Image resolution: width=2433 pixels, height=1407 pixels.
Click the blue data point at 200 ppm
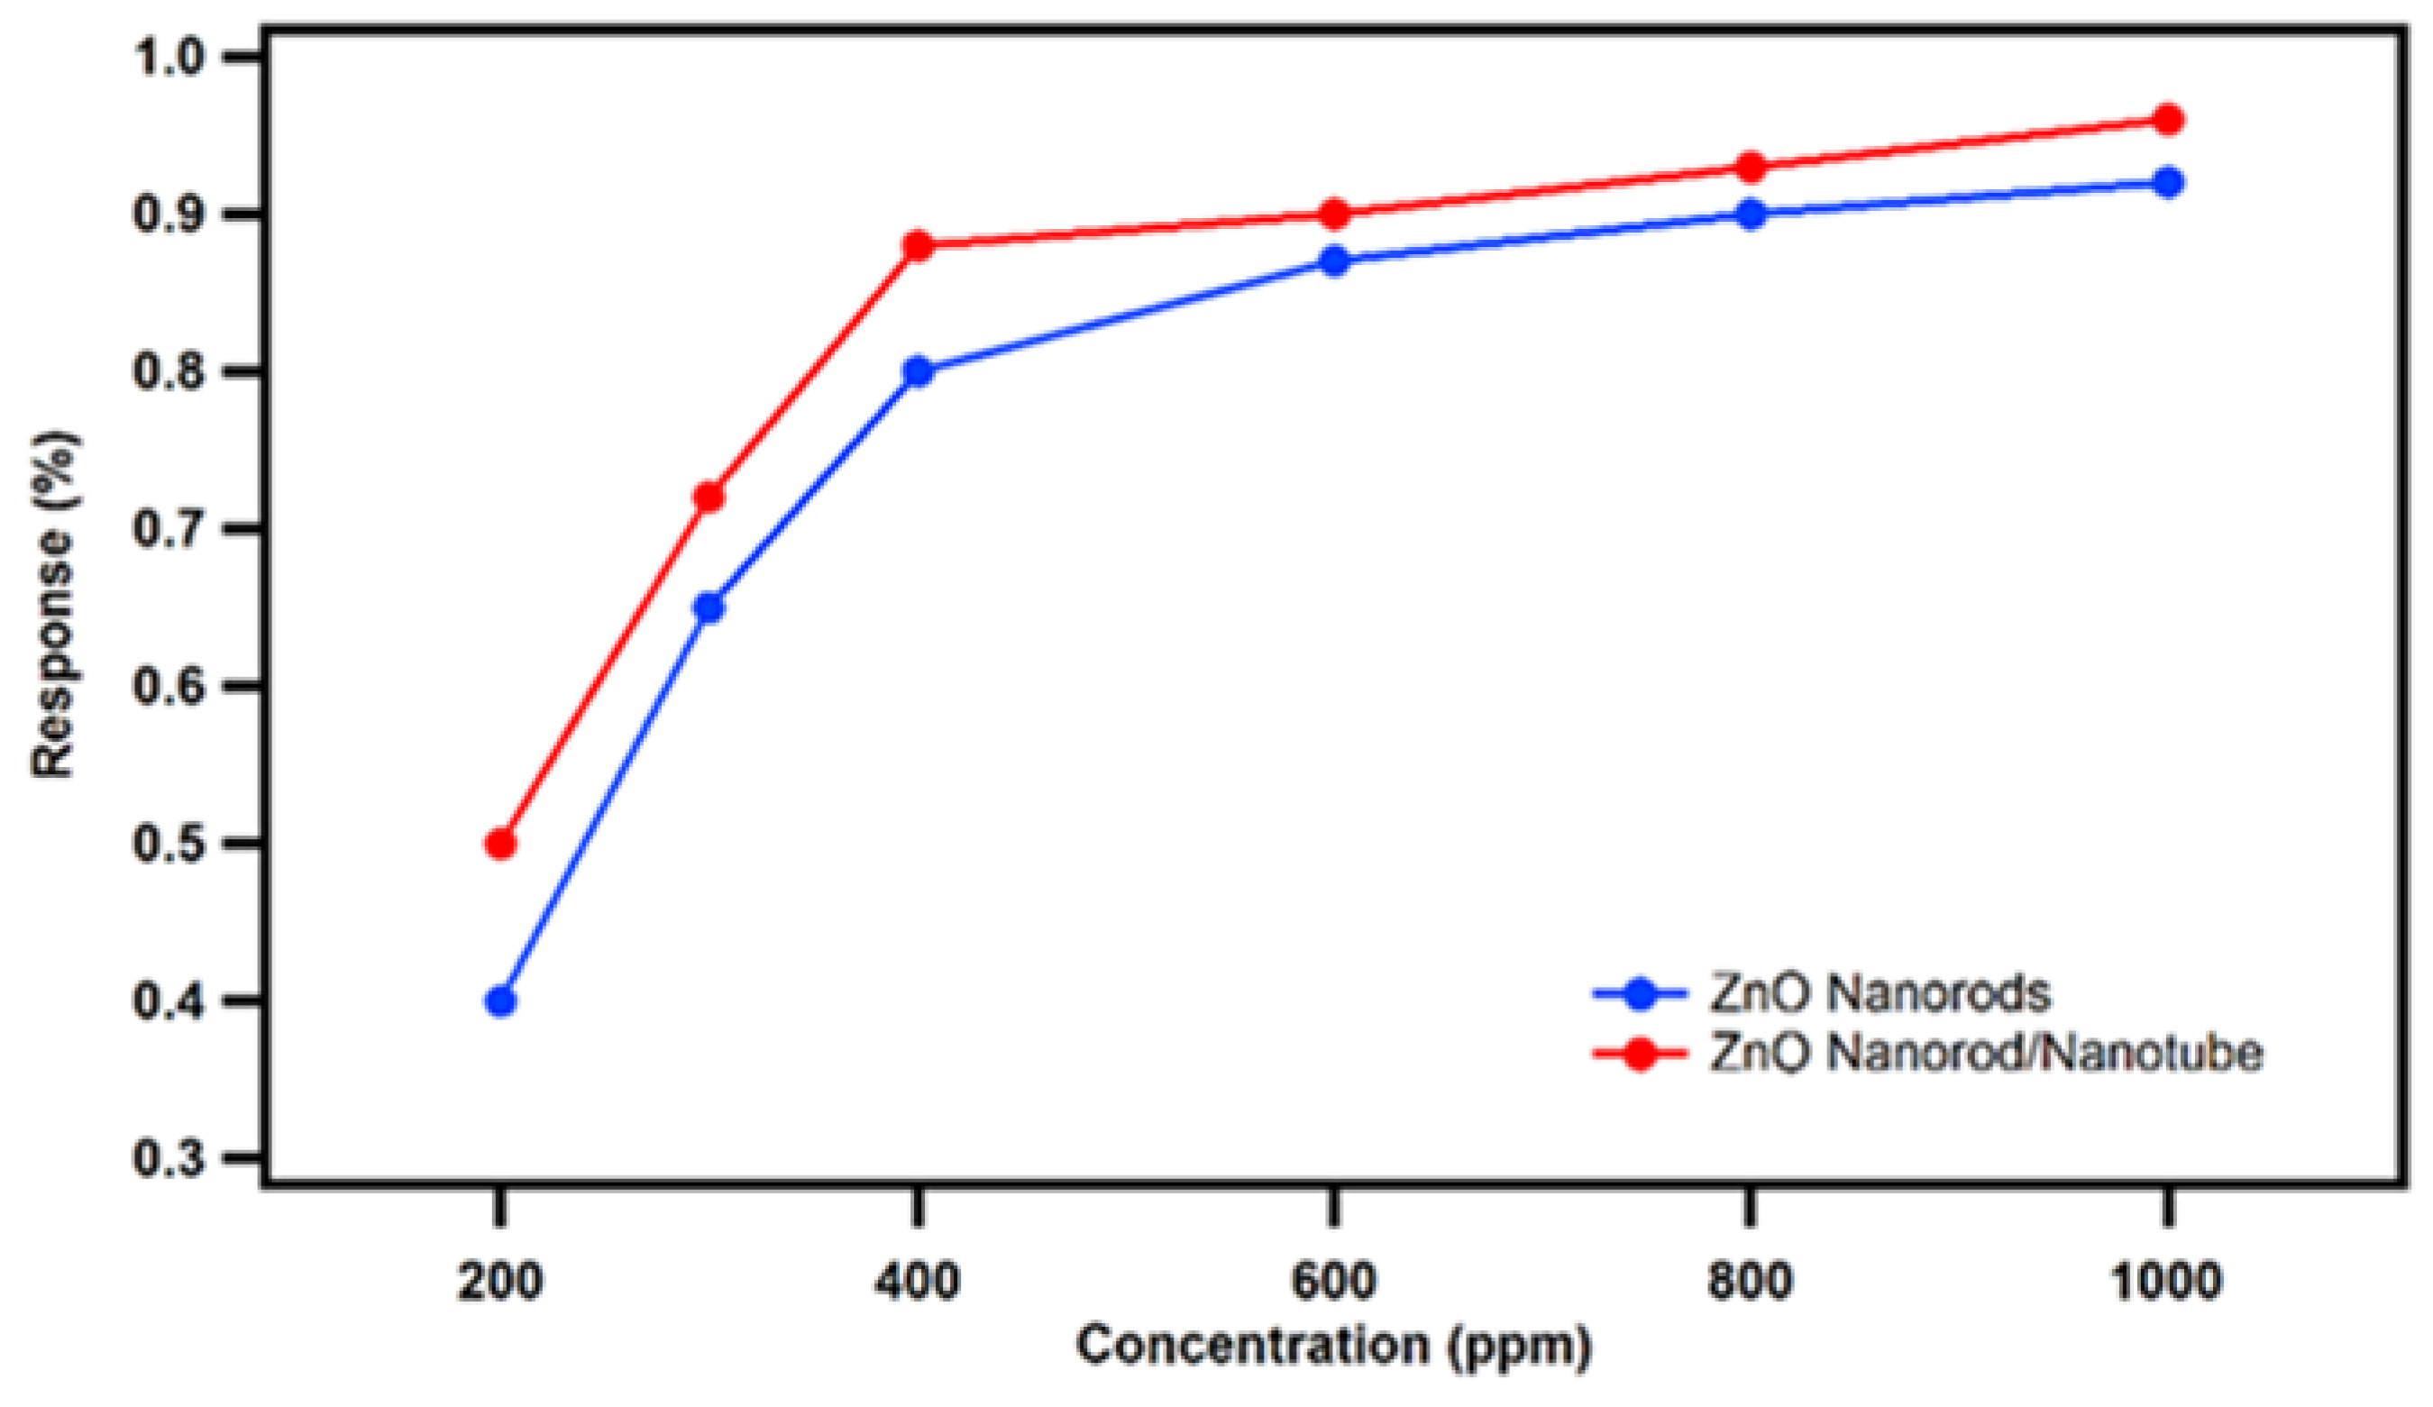500,1001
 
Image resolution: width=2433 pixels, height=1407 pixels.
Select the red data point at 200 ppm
500,844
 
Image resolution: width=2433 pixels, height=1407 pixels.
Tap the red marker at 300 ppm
709,498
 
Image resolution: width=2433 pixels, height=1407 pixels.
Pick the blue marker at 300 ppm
709,608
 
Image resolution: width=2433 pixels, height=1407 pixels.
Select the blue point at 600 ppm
1334,260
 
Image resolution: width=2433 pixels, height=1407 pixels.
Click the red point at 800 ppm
1751,167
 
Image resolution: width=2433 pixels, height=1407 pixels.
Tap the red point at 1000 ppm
2167,120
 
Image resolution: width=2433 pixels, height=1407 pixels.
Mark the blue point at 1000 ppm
2167,182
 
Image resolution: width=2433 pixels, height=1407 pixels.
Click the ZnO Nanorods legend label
1880,992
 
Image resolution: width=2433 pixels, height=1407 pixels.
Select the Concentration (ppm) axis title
1333,1345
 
